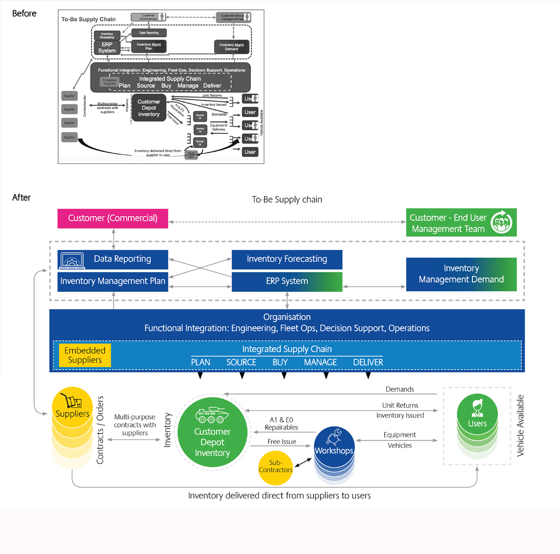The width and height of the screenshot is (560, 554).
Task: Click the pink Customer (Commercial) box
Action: (113, 218)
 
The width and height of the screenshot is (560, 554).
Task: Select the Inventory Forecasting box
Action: (287, 259)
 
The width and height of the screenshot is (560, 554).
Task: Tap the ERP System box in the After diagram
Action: (287, 281)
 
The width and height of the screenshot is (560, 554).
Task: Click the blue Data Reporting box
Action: (113, 259)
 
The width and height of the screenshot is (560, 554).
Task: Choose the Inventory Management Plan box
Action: (113, 281)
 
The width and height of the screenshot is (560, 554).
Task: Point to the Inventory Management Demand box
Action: (461, 273)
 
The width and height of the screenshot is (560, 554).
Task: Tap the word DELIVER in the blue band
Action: (368, 362)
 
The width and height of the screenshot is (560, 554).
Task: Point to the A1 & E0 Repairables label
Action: (281, 424)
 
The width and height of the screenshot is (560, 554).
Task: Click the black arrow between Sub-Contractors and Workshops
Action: (303, 462)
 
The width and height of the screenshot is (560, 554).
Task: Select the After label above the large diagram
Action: (21, 198)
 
